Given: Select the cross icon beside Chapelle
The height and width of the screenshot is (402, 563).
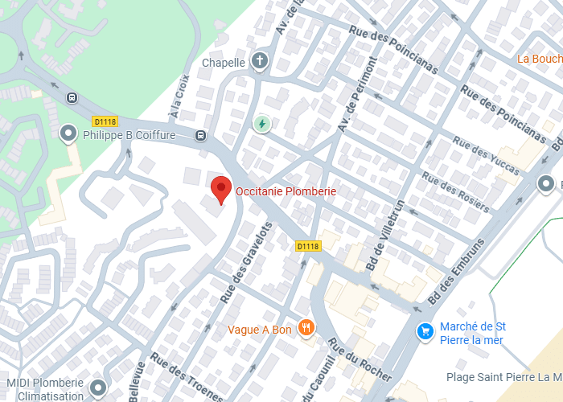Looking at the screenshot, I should coord(260,61).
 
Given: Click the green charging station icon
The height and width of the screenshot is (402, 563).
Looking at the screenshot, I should coord(262,124).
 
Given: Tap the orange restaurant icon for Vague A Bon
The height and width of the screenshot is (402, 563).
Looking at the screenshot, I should coord(306,327).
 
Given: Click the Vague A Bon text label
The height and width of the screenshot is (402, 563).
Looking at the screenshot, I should coord(259,330).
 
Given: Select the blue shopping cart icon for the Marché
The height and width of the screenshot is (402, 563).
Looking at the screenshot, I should coord(425,330).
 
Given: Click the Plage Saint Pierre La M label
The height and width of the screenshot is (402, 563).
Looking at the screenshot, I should coord(503,376).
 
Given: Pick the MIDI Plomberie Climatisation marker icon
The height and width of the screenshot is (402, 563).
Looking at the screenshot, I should coord(98,388).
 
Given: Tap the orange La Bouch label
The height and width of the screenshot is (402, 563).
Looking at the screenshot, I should coord(539,59).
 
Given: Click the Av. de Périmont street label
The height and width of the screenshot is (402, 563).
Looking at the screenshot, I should coord(358,95).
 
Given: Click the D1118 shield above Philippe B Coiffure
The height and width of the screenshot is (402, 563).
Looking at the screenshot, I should coord(105,121).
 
